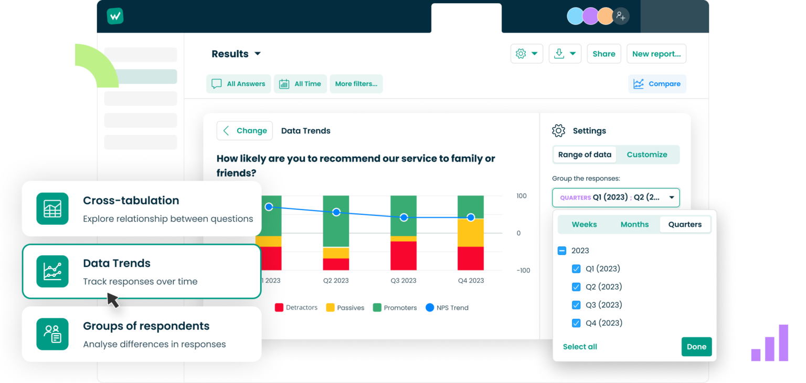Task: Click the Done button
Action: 696,347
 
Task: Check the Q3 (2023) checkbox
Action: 576,305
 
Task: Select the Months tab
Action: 634,224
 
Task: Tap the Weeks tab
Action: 584,224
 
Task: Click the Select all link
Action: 580,347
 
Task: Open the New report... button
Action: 656,54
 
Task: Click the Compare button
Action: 657,84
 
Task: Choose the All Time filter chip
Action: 300,84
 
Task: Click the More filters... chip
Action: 356,84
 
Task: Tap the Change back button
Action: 245,131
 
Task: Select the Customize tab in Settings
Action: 647,154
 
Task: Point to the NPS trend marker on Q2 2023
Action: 336,212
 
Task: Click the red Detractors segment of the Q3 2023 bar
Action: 404,255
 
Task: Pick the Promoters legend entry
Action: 395,308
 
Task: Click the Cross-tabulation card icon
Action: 52,209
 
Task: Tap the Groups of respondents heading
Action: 146,326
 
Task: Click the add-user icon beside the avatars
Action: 621,16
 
